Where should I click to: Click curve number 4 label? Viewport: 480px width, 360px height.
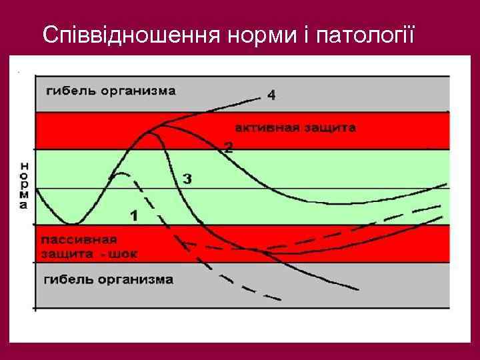[x=271, y=95]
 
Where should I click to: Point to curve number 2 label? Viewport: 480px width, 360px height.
[x=229, y=147]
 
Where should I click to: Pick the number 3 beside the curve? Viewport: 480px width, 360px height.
[x=187, y=179]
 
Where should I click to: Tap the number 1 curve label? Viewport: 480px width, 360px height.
[x=134, y=215]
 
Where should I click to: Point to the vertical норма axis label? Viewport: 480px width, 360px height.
[x=25, y=185]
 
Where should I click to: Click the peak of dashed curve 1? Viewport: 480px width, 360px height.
[x=120, y=174]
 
